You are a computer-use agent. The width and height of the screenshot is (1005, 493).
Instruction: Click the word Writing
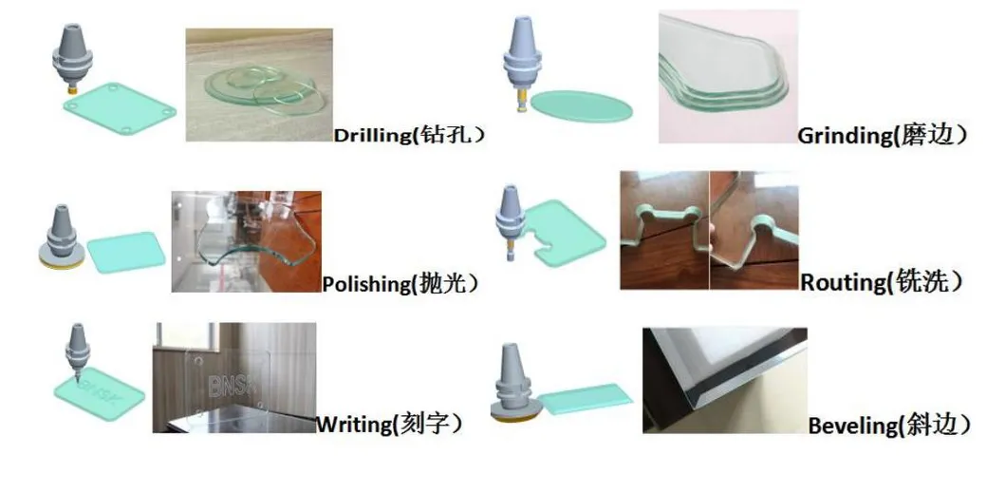click(354, 424)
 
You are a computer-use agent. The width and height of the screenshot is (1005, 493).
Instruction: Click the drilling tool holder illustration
click(71, 59)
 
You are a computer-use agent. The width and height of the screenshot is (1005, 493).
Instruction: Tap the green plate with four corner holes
click(120, 108)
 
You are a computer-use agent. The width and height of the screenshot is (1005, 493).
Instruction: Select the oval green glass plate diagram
click(582, 106)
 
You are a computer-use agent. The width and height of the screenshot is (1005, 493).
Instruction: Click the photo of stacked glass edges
click(728, 76)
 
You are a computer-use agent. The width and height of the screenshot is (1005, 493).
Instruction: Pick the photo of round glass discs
click(259, 85)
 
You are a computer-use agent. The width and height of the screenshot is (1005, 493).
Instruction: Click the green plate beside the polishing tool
click(126, 253)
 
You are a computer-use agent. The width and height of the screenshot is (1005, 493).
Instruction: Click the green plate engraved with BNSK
click(100, 391)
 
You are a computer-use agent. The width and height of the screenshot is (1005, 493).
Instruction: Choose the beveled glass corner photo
click(725, 380)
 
